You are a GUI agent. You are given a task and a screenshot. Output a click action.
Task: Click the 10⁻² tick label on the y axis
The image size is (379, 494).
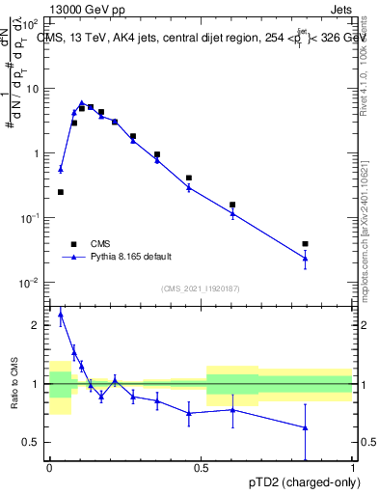click(x=30, y=283)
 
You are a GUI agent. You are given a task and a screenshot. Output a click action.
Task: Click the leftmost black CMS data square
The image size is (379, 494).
click(x=61, y=192)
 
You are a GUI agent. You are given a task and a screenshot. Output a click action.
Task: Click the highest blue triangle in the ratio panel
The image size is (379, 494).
click(x=61, y=314)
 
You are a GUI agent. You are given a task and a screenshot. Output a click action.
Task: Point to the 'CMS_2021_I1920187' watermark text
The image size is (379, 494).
click(x=201, y=288)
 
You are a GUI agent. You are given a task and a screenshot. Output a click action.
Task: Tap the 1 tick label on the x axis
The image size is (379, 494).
click(x=353, y=466)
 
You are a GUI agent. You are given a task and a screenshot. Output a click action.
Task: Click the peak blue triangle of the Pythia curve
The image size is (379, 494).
click(x=82, y=102)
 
